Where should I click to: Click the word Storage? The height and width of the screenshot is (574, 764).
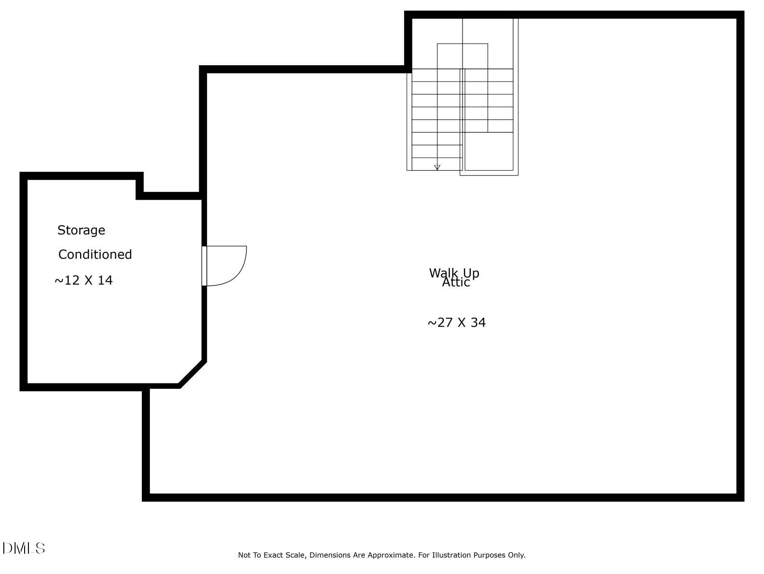pyautogui.click(x=81, y=231)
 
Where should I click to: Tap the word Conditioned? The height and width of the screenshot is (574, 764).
pyautogui.click(x=95, y=255)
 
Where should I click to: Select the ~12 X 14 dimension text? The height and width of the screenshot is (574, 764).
pyautogui.click(x=83, y=280)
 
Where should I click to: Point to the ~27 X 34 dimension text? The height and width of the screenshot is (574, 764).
pyautogui.click(x=456, y=323)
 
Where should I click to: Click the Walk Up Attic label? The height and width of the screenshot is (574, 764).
pyautogui.click(x=454, y=277)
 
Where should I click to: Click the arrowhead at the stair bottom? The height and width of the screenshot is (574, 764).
pyautogui.click(x=437, y=167)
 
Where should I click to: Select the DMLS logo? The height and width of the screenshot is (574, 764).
pyautogui.click(x=24, y=548)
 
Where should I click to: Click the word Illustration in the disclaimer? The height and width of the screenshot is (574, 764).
pyautogui.click(x=451, y=555)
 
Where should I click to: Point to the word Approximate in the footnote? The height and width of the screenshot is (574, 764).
pyautogui.click(x=391, y=555)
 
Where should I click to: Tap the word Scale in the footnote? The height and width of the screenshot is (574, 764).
pyautogui.click(x=294, y=555)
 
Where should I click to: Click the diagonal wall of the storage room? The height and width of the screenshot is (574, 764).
pyautogui.click(x=192, y=373)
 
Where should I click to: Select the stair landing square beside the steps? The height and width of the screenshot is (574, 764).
pyautogui.click(x=489, y=151)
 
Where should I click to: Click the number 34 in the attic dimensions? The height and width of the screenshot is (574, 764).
pyautogui.click(x=477, y=323)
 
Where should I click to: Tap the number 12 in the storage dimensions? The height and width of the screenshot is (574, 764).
pyautogui.click(x=72, y=280)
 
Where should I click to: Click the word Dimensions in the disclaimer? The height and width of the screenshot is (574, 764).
pyautogui.click(x=330, y=555)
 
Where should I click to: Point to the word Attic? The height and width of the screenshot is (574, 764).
pyautogui.click(x=456, y=283)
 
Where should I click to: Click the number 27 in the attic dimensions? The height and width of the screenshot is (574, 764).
pyautogui.click(x=445, y=323)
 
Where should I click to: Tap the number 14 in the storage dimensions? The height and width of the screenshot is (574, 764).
pyautogui.click(x=105, y=280)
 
